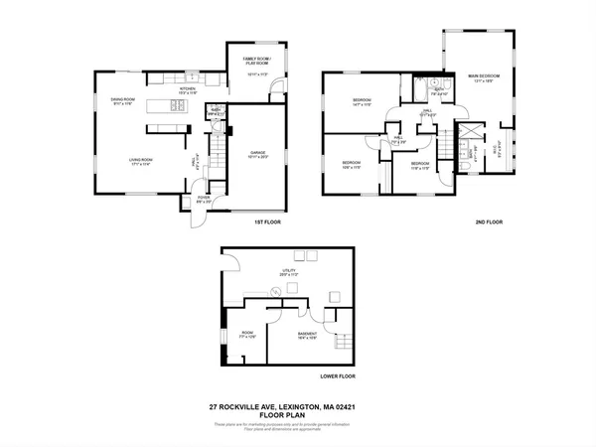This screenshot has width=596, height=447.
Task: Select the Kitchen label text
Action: [186, 90]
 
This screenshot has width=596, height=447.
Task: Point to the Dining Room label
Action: [122, 101]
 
